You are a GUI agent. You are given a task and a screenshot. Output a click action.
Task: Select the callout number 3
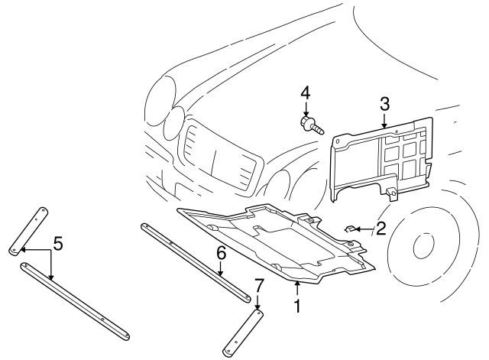385,104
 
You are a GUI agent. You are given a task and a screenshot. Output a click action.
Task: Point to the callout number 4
305,93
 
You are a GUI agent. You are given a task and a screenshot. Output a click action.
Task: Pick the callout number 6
220,252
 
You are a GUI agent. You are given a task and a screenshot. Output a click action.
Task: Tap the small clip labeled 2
352,228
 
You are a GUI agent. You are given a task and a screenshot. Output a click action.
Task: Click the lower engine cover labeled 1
275,241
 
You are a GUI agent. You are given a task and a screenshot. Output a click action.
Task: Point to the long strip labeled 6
195,260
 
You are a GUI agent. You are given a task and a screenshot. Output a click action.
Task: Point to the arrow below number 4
305,108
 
